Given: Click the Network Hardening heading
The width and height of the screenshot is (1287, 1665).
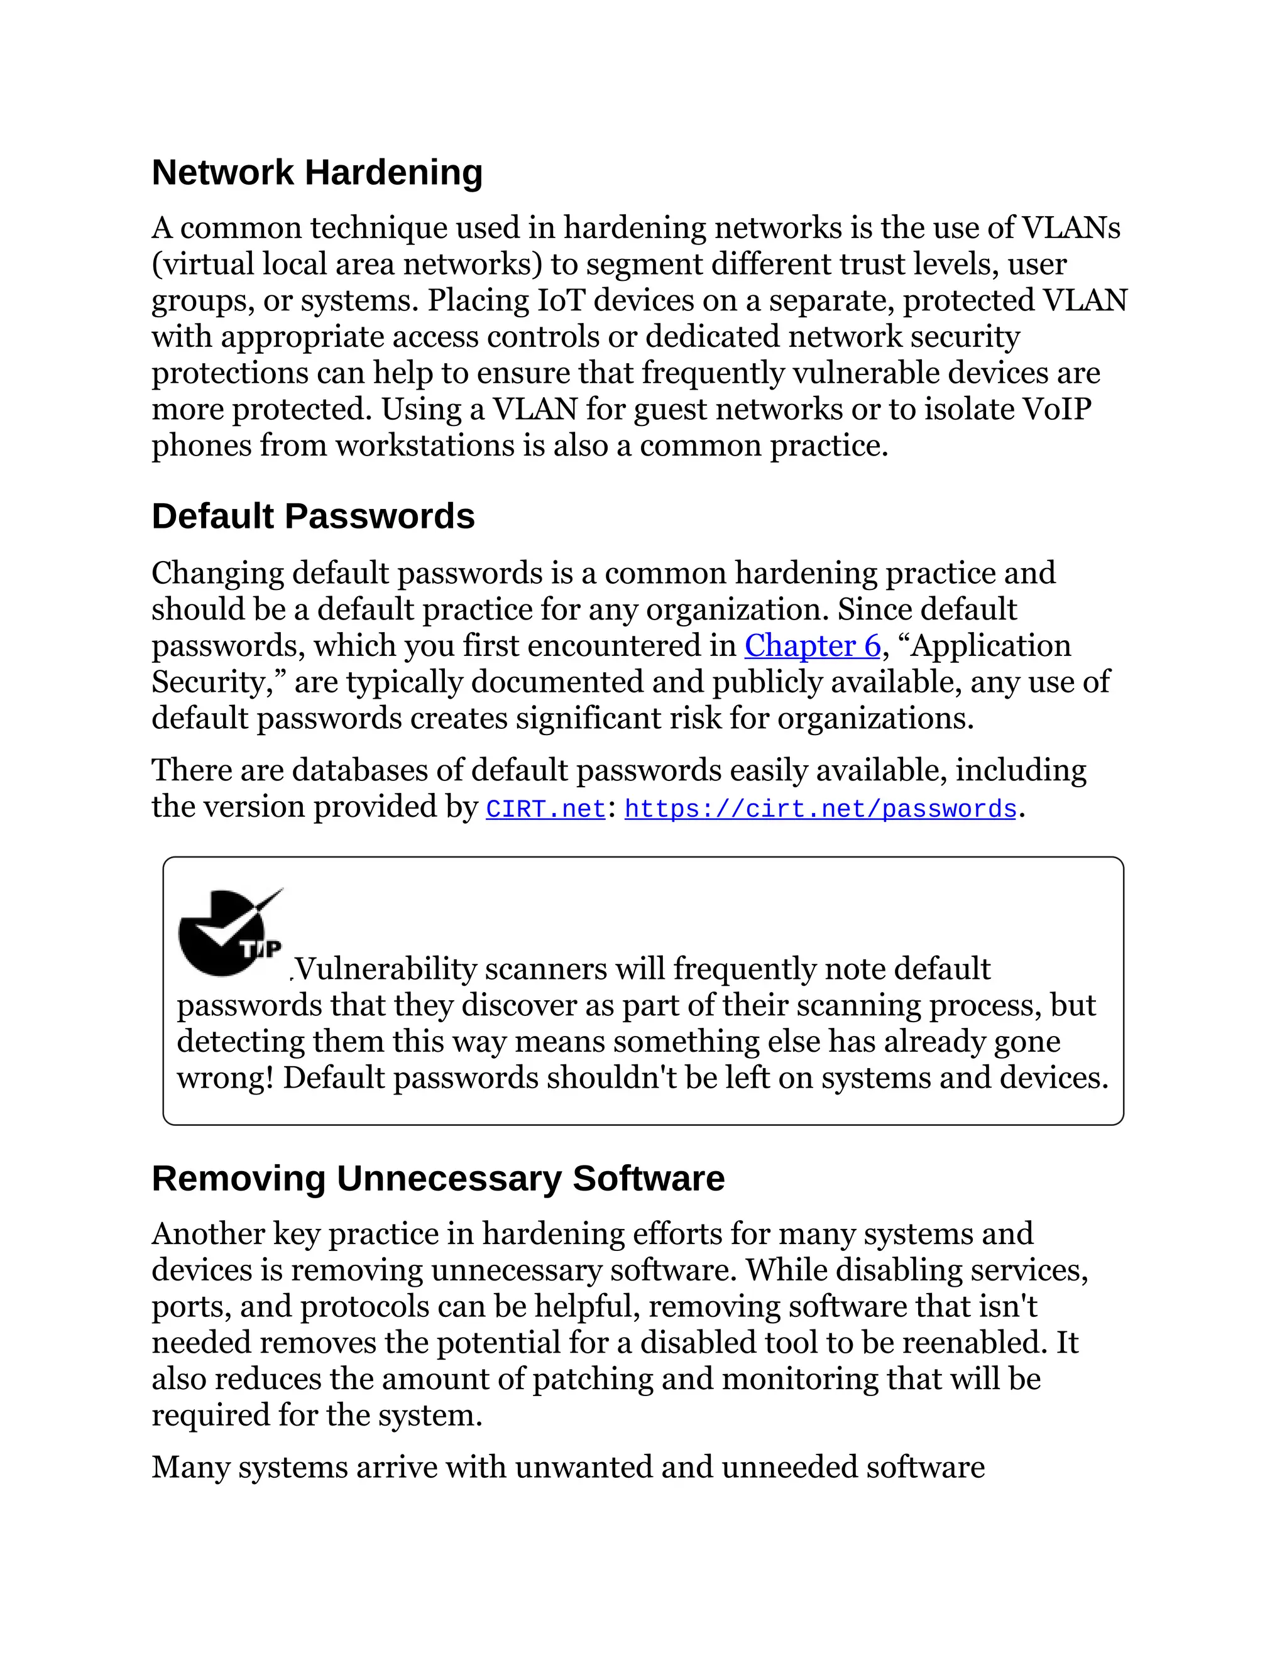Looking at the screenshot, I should tap(317, 172).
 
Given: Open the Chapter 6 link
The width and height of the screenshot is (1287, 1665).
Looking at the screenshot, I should tap(812, 646).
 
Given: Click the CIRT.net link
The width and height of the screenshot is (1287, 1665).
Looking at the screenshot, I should tap(545, 809).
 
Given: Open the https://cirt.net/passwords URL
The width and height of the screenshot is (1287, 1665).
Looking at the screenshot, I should tap(820, 809).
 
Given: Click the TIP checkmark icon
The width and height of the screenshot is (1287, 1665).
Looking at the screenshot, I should tap(229, 933).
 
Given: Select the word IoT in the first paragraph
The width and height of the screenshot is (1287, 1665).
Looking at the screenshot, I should tap(561, 300).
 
